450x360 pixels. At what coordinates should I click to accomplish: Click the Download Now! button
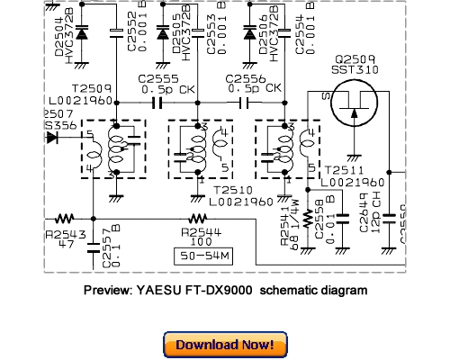coord(225,344)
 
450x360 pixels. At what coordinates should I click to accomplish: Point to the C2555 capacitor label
coord(158,79)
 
